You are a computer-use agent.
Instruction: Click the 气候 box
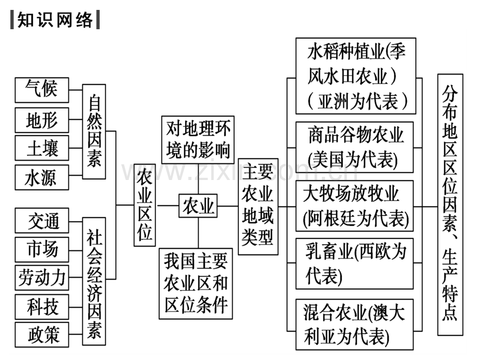(42, 90)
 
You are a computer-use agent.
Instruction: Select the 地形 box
(42, 119)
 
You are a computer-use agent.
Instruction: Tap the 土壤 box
(42, 148)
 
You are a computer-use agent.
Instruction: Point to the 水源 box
(42, 177)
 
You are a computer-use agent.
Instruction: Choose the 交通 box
(42, 221)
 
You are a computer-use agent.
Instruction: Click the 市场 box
(42, 249)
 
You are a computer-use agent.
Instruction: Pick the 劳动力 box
(42, 278)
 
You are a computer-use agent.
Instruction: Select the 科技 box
(42, 307)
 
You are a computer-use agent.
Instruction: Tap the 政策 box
(42, 334)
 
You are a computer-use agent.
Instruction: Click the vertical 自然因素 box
(94, 131)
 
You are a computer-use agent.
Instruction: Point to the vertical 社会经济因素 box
(94, 281)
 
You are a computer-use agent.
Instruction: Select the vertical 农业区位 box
(145, 205)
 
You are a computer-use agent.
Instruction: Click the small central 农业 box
(198, 206)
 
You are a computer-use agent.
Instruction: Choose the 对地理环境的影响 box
(198, 140)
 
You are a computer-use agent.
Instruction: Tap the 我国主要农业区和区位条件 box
(196, 284)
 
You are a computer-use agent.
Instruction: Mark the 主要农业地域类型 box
(258, 207)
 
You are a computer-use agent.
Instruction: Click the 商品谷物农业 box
(354, 147)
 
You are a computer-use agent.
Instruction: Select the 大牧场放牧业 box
(354, 206)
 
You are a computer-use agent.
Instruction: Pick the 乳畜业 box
(354, 264)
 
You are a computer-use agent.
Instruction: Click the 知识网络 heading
(55, 20)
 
